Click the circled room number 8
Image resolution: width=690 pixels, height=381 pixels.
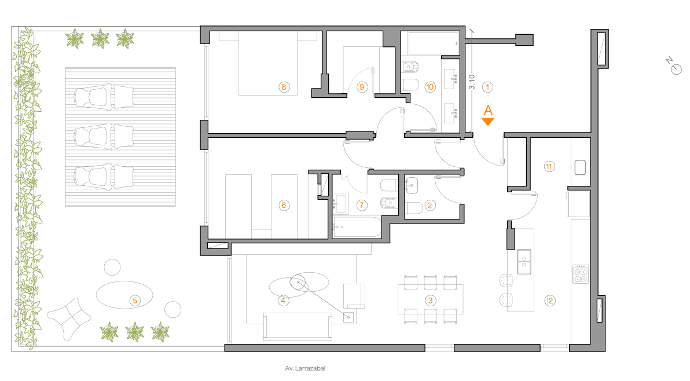[x=284, y=87]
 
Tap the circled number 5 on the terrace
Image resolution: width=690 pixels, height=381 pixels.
[x=135, y=301]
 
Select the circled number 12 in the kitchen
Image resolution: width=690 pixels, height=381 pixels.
[x=549, y=301]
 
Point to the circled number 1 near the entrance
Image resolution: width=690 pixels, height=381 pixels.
[x=487, y=87]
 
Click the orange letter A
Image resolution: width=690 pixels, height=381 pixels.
[x=488, y=111]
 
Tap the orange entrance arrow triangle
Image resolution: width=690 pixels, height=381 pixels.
[x=487, y=122]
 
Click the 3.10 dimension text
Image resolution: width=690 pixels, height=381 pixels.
[x=472, y=82]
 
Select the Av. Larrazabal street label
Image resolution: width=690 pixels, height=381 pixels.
[x=305, y=368]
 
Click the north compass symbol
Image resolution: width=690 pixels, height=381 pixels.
[x=674, y=67]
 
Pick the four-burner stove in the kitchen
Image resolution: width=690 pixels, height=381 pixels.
[x=581, y=274]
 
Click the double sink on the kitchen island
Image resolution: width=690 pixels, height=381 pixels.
[x=524, y=261]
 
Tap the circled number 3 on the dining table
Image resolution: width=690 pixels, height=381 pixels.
[x=430, y=301]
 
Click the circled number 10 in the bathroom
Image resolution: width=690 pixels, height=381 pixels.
[x=430, y=87]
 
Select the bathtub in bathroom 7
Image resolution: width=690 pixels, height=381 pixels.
[x=357, y=227]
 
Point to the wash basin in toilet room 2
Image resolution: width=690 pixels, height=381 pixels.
[x=412, y=185]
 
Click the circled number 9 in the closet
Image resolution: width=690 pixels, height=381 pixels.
[x=362, y=87]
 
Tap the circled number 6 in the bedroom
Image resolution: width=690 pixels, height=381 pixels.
[x=284, y=205]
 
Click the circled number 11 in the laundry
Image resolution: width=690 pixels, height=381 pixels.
[x=549, y=167]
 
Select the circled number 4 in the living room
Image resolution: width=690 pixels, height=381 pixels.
[x=283, y=301]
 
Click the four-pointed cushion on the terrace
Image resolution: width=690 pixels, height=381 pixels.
[x=69, y=318]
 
